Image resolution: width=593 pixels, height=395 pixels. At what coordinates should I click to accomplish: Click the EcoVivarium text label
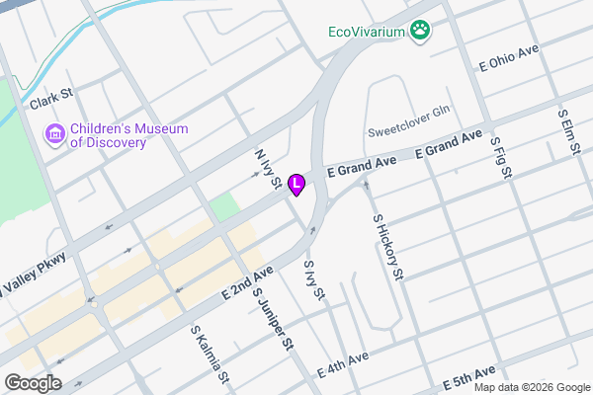(x=369, y=32)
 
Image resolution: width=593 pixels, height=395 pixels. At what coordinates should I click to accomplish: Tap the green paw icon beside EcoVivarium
(x=422, y=31)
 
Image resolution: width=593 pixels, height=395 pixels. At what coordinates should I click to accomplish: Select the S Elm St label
(x=567, y=129)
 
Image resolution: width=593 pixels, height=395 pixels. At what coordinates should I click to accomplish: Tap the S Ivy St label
(x=313, y=279)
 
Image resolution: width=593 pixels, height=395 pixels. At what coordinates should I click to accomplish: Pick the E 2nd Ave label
(x=247, y=282)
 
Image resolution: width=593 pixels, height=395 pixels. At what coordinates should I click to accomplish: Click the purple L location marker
(x=296, y=184)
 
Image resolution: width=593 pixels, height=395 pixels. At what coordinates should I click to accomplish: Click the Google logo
(x=33, y=383)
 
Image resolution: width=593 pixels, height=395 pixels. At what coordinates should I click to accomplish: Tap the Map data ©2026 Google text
(x=537, y=386)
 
